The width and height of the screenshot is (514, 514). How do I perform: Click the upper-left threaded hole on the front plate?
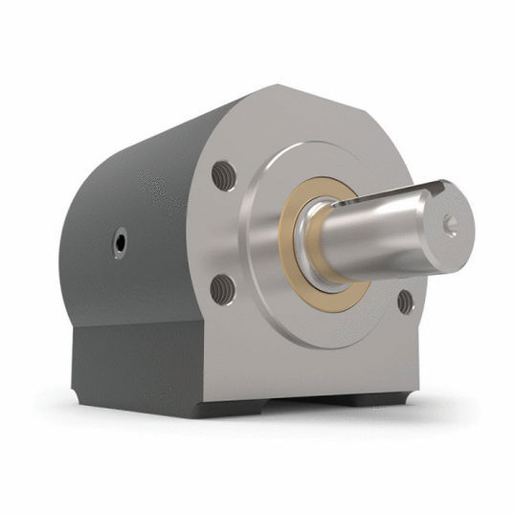223,175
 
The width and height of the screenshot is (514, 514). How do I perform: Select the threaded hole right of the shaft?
405,302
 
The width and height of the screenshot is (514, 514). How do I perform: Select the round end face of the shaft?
450,226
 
